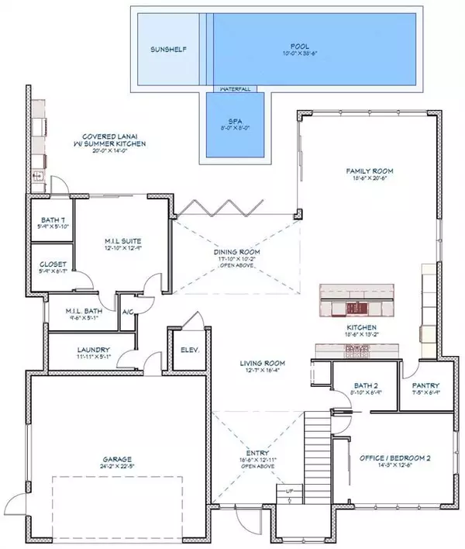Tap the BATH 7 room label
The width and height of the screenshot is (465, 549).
pos(53,221)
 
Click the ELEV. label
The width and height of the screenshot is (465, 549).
pos(190,350)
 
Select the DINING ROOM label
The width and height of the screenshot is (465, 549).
pos(236,252)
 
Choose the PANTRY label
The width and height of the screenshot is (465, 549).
pos(425,385)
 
